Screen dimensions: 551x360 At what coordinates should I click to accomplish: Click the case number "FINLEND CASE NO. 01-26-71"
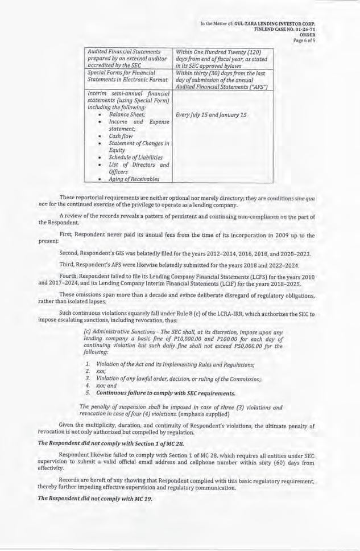click(x=285, y=28)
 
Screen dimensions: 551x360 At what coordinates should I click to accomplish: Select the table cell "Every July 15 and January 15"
click(x=212, y=115)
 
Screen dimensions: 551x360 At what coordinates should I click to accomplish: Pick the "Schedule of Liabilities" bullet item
click(x=136, y=157)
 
